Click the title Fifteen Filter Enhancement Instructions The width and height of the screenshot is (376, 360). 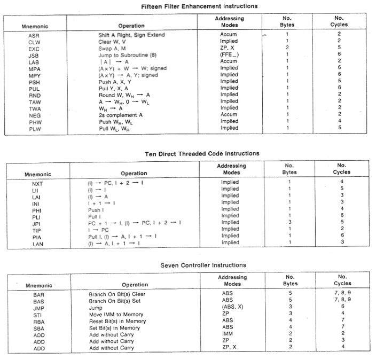pyautogui.click(x=192, y=6)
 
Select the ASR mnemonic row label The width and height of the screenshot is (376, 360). pyautogui.click(x=34, y=35)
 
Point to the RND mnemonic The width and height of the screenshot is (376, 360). pyautogui.click(x=34, y=95)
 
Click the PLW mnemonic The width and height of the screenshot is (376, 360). pyautogui.click(x=34, y=128)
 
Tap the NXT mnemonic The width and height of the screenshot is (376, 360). pyautogui.click(x=37, y=183)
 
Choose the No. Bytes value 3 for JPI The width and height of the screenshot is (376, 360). pyautogui.click(x=289, y=223)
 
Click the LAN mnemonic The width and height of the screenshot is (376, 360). pyautogui.click(x=37, y=243)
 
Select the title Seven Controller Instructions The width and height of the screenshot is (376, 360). pyautogui.click(x=203, y=265)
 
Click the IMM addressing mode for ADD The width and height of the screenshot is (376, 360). pyautogui.click(x=228, y=334)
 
